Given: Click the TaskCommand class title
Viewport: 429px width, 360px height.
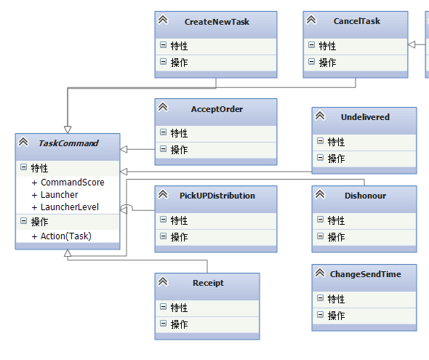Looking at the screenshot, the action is coord(68,143).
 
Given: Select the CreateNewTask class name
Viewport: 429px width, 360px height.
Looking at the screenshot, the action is coord(217,22).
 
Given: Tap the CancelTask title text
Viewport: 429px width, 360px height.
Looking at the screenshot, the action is coord(357,21).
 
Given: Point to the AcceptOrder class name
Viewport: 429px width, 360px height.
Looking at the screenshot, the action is coord(217,109).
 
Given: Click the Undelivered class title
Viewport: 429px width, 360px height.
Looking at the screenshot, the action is coord(365,117).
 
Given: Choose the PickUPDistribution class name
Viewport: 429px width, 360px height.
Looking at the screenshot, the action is coord(217,196).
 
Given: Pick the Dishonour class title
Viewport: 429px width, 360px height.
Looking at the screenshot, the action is coord(365,196).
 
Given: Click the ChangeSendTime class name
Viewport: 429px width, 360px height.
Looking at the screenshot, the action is coord(365,274).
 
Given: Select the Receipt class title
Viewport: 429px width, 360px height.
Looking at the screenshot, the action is coord(208,283).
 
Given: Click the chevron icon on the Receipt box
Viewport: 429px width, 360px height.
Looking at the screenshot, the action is coord(163,281).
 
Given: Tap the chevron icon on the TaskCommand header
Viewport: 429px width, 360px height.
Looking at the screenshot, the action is coord(23,142).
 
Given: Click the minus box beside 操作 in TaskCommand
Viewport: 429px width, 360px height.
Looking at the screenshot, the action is coord(24,221).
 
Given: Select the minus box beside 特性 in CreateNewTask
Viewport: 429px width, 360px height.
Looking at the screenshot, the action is coord(163,45).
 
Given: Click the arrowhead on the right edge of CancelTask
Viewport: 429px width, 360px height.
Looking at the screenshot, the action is coord(412,44).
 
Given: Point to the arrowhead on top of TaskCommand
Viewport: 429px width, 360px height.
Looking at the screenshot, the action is coord(68,129).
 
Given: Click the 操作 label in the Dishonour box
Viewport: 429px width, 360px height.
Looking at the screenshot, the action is coord(336,237).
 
